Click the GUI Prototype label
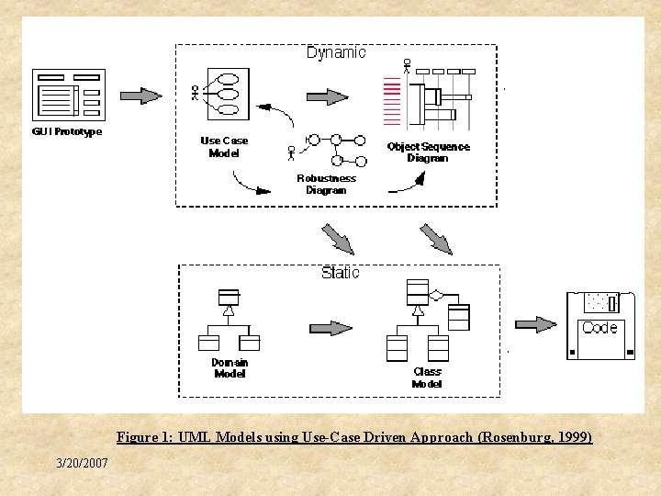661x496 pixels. (x=67, y=131)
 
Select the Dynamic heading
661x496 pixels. (x=336, y=52)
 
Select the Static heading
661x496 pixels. (x=340, y=273)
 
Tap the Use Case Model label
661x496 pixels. (x=224, y=147)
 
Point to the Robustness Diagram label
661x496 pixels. (x=326, y=184)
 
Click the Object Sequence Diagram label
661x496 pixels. (x=428, y=152)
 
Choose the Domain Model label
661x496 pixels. (x=230, y=368)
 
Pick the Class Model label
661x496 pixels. (x=427, y=378)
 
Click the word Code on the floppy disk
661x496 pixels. (x=599, y=328)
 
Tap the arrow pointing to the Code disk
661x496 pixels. (x=535, y=324)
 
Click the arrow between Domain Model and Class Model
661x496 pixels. (x=330, y=328)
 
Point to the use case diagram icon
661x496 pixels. (x=218, y=94)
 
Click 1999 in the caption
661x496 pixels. (x=573, y=437)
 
